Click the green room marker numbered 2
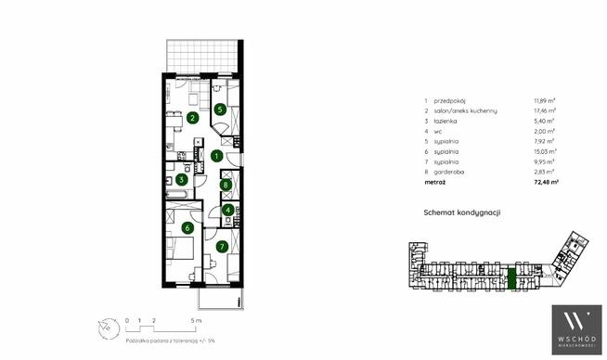[192, 117]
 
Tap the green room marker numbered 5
[219, 109]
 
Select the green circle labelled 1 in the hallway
[215, 156]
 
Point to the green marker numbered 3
[183, 179]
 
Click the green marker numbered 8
[226, 185]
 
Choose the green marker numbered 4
[227, 210]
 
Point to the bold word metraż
[434, 183]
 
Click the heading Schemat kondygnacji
[462, 212]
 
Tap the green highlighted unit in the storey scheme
[510, 276]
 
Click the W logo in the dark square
[577, 323]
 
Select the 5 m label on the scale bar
[195, 321]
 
